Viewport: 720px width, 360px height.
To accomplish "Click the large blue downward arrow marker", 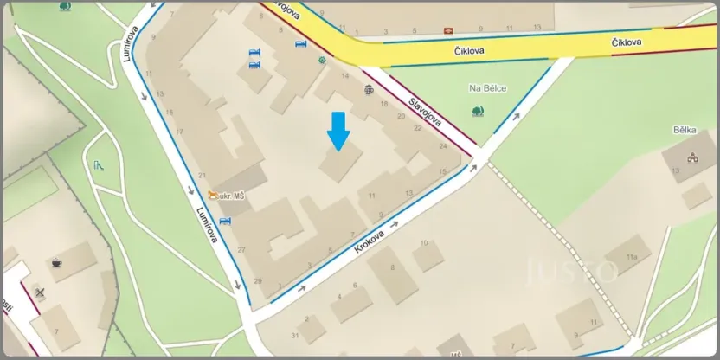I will pos(338,130).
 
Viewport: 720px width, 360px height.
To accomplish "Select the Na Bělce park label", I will pos(487,88).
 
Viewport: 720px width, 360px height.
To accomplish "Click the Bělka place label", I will pos(685,131).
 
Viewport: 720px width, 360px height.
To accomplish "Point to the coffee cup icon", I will pos(57,262).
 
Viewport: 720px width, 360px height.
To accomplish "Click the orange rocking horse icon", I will pos(211,196).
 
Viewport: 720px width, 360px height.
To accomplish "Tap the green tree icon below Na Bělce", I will pos(478,110).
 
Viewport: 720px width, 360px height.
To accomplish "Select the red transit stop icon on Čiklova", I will pos(449,29).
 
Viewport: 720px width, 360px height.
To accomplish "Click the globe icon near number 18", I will pos(370,89).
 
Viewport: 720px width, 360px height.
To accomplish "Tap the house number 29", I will pos(258,281).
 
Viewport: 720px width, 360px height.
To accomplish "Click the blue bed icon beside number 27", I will pos(226,222).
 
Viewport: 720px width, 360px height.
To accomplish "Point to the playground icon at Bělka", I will pos(691,157).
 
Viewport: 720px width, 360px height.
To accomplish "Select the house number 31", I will pos(296,335).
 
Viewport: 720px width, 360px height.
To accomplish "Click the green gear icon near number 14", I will pos(323,61).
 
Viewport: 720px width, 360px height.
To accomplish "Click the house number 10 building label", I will pos(424,243).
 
